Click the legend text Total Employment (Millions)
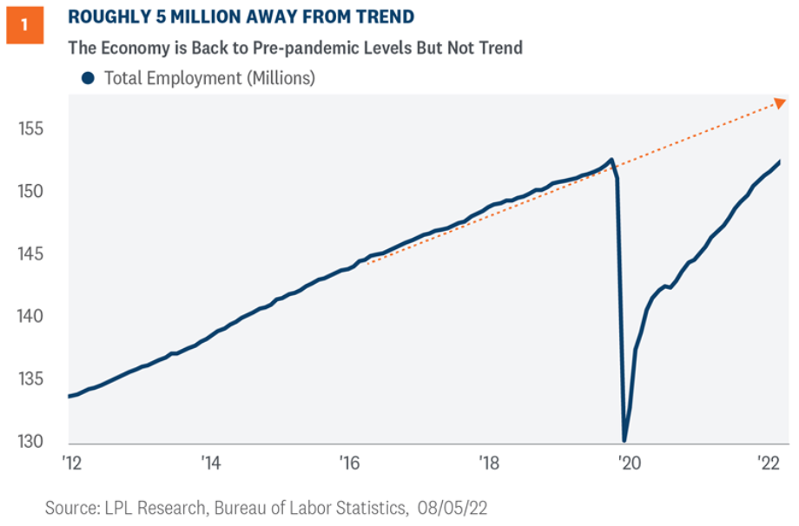coord(209,78)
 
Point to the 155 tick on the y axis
coord(31,129)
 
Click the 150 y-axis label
coord(31,192)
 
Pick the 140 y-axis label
coord(31,317)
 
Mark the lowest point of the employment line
coord(624,440)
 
